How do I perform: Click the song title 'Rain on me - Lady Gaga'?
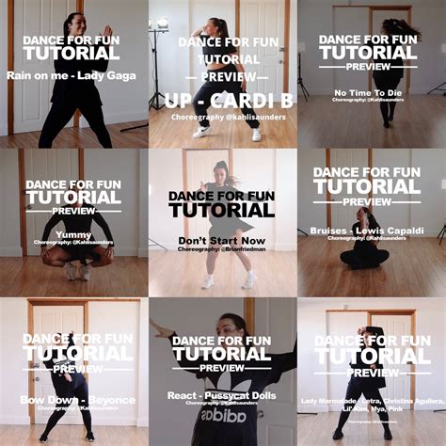point(73,74)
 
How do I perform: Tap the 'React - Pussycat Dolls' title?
point(223,395)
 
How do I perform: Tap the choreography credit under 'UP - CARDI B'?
point(222,118)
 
